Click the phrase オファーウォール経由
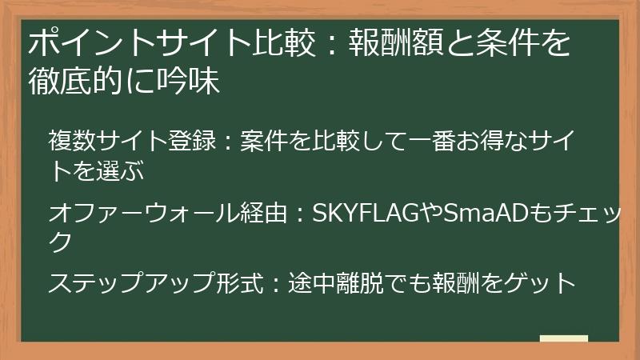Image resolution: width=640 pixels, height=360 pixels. pos(167,214)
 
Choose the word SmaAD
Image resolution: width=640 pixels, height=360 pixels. pos(482,214)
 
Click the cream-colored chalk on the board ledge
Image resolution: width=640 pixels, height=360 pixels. pos(563,338)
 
